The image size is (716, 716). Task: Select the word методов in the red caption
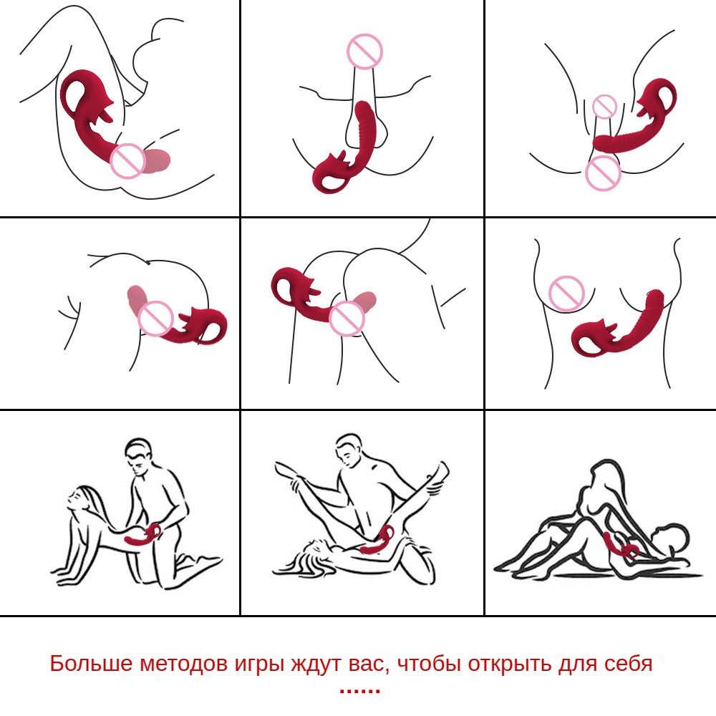183,664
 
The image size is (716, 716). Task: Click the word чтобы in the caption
429,664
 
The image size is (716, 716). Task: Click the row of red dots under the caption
360,690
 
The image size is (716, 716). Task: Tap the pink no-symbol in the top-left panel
128,160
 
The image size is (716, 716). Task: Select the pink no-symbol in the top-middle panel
364,51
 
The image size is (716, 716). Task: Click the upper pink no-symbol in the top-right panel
604,107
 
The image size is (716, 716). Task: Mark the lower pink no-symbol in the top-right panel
603,173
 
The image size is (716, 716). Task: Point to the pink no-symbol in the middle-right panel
566,293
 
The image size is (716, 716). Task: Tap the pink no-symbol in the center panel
347,319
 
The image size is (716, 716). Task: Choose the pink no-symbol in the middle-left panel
155,319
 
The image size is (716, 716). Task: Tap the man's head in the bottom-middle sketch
350,450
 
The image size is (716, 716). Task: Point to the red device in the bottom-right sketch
620,546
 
